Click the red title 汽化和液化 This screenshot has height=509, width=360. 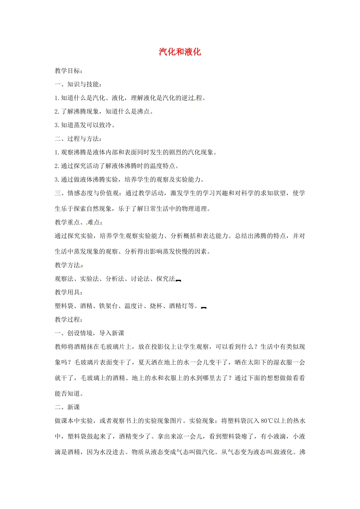click(x=180, y=52)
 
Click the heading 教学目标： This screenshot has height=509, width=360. click(x=69, y=71)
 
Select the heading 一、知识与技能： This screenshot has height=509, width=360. click(x=78, y=84)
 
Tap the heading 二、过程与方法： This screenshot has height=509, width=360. click(x=78, y=139)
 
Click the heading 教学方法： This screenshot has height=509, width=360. click(x=69, y=265)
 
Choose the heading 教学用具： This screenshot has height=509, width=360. click(x=69, y=292)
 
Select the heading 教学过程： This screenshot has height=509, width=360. click(x=69, y=320)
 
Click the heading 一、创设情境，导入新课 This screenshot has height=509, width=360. click(x=89, y=333)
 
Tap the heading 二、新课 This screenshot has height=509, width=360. click(x=67, y=408)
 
